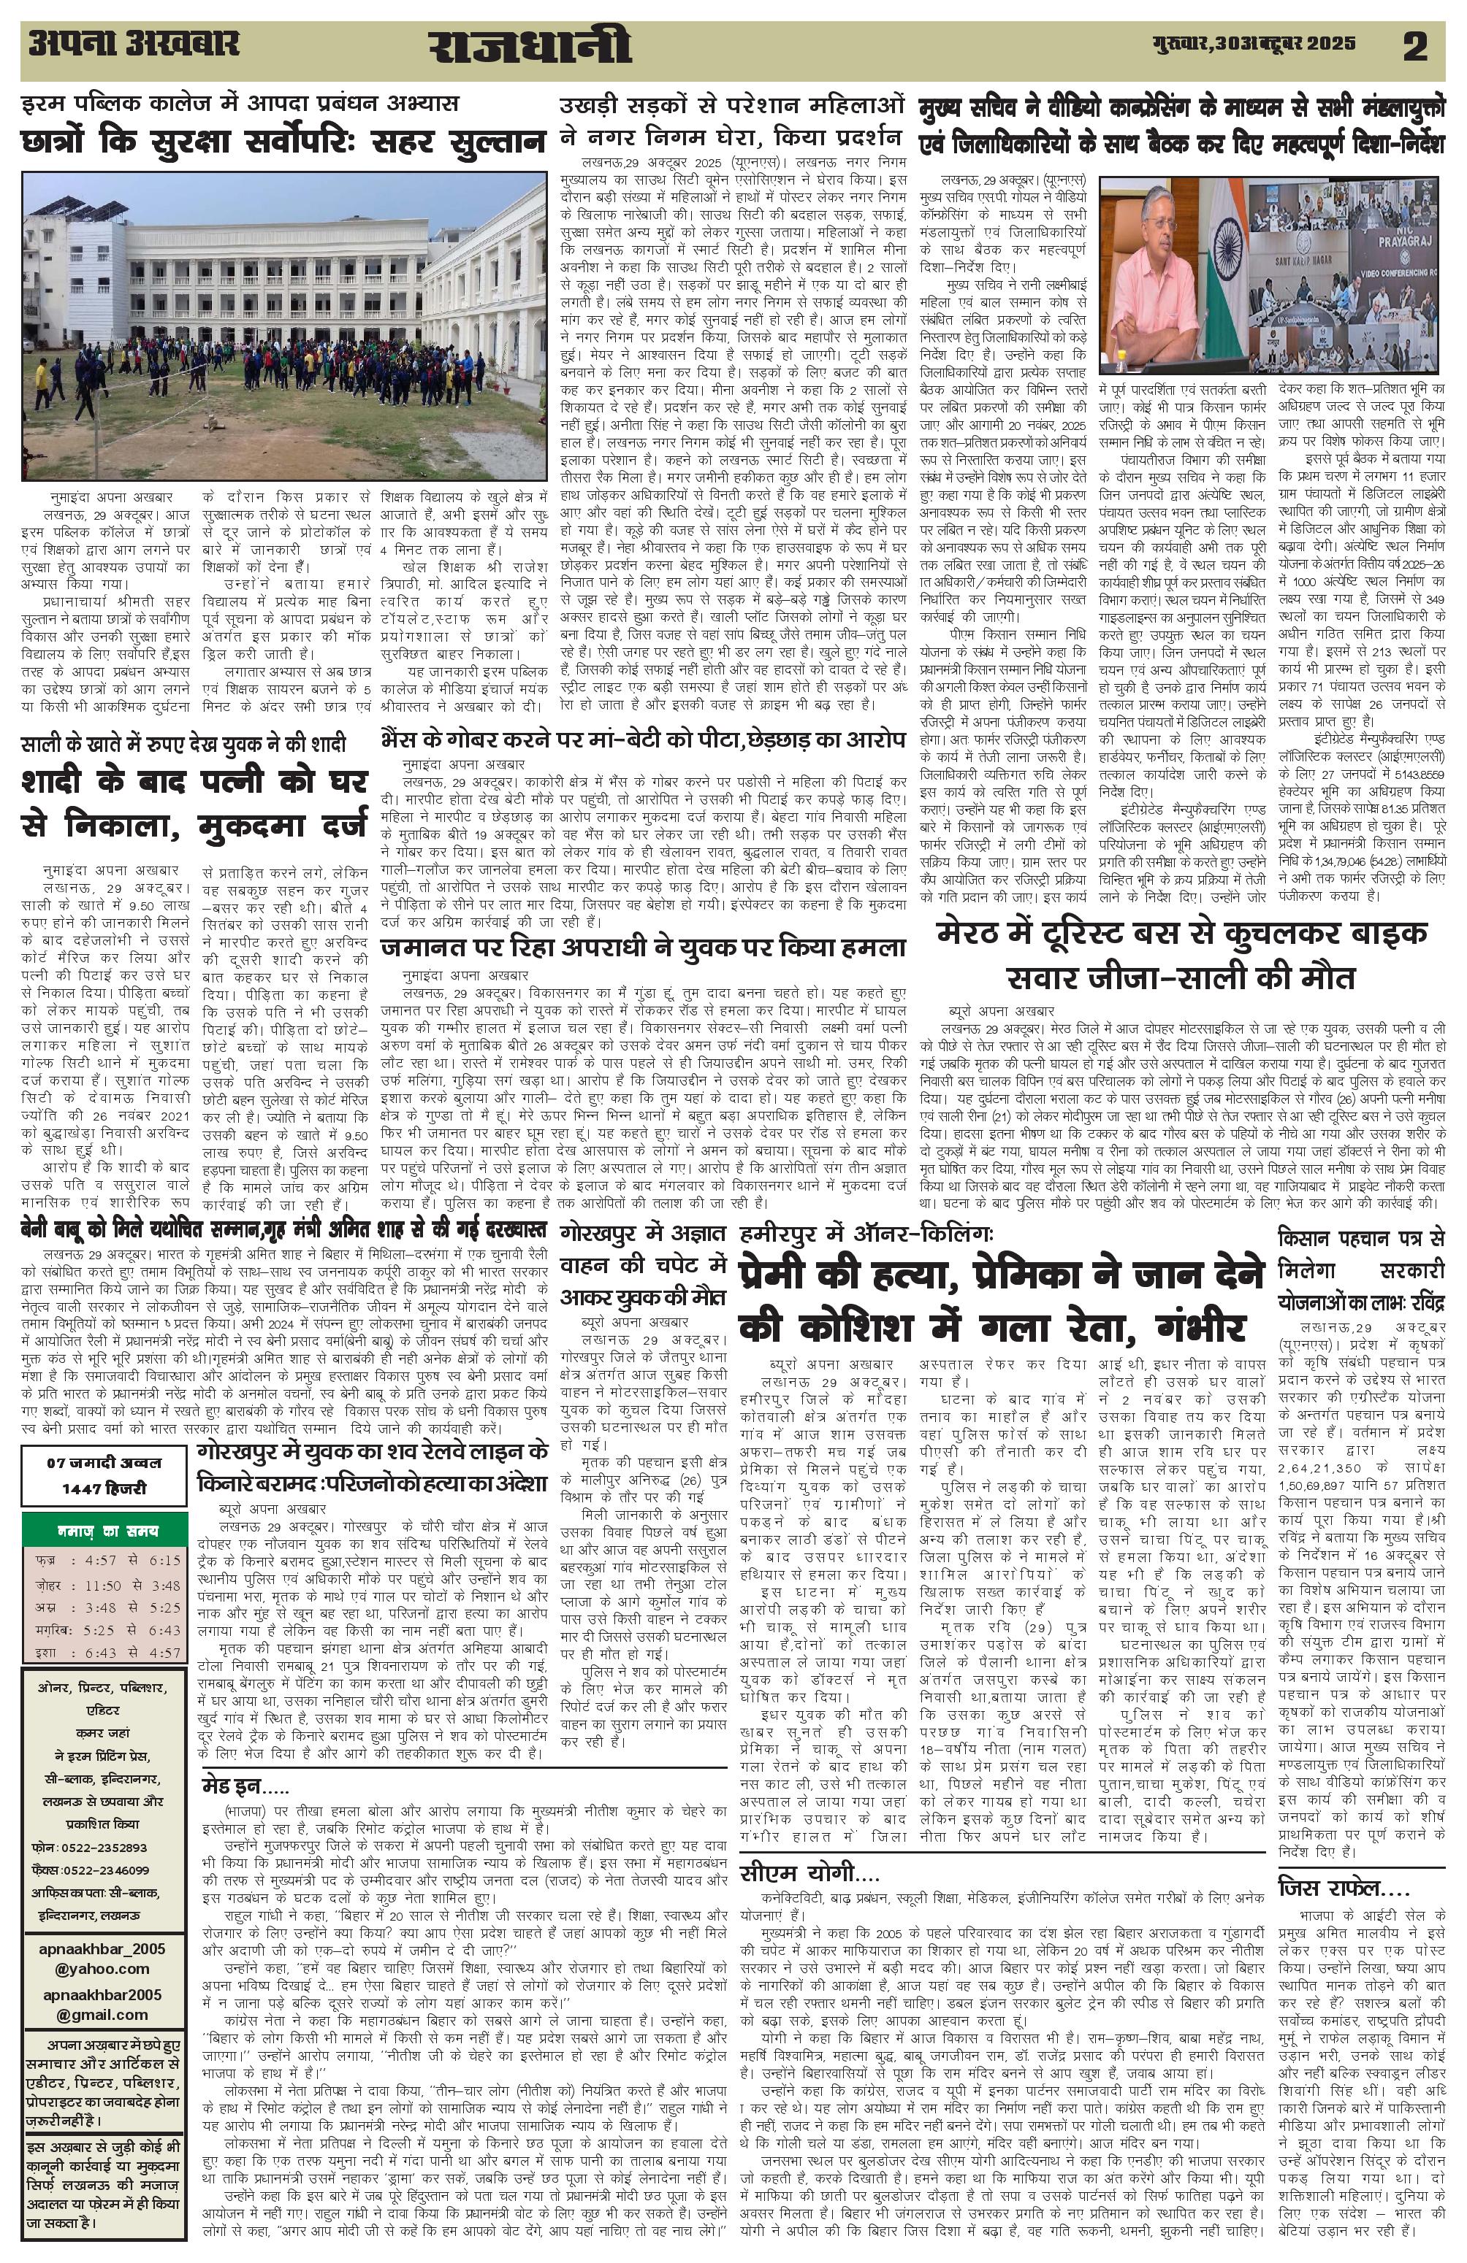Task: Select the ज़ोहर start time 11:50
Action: pos(104,1585)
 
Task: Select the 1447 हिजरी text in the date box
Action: pos(104,1488)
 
